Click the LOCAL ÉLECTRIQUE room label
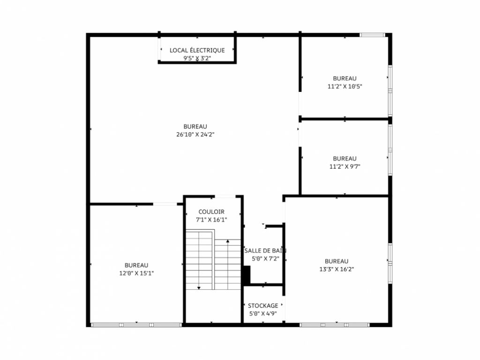tap(197, 50)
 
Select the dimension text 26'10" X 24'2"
tap(195, 134)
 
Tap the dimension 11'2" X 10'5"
tap(345, 86)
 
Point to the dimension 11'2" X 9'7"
tap(345, 166)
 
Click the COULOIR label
tap(211, 212)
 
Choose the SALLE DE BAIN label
tap(265, 250)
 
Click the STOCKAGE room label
tap(262, 306)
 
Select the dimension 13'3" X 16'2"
tap(336, 269)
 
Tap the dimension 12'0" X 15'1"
tap(136, 273)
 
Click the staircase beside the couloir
tap(214, 260)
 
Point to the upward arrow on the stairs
tap(228, 241)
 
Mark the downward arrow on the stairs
tap(199, 287)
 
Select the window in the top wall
tap(372, 35)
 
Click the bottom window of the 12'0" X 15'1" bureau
tap(136, 324)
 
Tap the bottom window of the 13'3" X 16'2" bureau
tap(334, 324)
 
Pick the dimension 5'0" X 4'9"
tap(262, 314)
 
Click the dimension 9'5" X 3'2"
tap(197, 58)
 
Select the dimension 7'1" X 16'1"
tap(211, 219)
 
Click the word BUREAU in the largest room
tap(195, 126)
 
